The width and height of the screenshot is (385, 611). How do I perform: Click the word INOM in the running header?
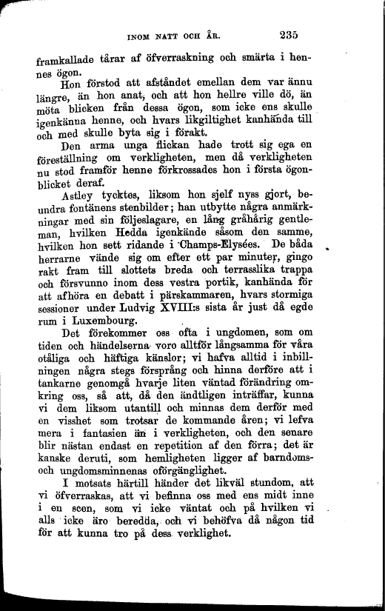tap(141, 35)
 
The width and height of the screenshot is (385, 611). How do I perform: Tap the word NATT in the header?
tap(174, 35)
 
